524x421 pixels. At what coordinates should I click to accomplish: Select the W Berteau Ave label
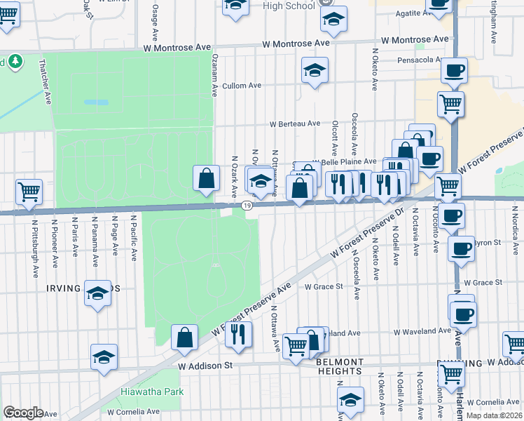click(296, 124)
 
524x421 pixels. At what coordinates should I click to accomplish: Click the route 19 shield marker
click(247, 205)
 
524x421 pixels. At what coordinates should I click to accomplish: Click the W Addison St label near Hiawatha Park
click(205, 366)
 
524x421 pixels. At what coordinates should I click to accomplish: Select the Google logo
click(23, 413)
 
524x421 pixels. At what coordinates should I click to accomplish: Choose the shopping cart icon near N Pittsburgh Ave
click(29, 191)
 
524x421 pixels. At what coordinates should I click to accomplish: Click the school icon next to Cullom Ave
click(315, 70)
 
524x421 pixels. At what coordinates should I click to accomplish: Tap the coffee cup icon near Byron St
click(460, 248)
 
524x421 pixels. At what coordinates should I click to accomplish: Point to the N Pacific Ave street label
click(132, 239)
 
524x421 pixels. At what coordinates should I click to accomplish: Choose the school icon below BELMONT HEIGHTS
click(350, 400)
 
